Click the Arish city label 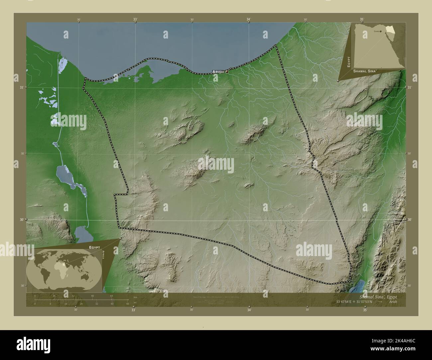click(218, 72)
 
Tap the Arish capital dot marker click(227, 71)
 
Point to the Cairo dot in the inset click(380, 31)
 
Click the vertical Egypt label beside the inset click(349, 62)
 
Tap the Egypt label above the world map click(94, 247)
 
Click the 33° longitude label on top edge click(135, 20)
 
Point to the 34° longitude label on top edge click(249, 20)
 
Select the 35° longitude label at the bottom click(365, 311)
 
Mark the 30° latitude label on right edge click(410, 220)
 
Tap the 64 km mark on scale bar click(112, 296)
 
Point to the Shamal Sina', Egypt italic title click(378, 297)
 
